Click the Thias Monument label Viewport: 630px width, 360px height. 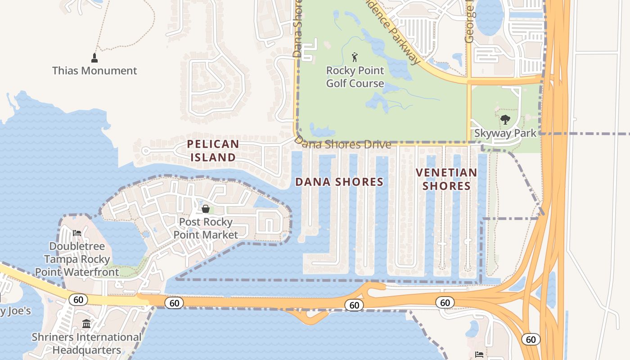(x=94, y=71)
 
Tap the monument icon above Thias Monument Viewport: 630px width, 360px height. (x=94, y=58)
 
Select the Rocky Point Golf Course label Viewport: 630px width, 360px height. (x=355, y=77)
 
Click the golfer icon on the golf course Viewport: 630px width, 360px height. (x=355, y=57)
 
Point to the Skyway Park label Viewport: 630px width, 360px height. (x=505, y=133)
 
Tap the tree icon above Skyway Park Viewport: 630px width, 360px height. (x=505, y=120)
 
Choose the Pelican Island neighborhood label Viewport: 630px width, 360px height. (x=213, y=151)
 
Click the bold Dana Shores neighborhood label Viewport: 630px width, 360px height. (x=339, y=182)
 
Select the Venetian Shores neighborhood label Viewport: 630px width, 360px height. (x=446, y=179)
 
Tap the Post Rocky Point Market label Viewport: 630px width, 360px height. (x=206, y=228)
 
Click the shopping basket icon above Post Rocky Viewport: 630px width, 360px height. (x=206, y=209)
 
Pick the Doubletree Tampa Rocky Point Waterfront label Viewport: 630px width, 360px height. (x=77, y=259)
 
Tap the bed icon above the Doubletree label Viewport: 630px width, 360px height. (x=77, y=233)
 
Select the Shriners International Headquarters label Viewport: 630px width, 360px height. (x=86, y=343)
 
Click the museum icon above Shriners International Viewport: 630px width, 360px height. (x=86, y=324)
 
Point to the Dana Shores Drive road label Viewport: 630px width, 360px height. (x=343, y=144)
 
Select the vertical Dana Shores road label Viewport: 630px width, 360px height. (x=297, y=29)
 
